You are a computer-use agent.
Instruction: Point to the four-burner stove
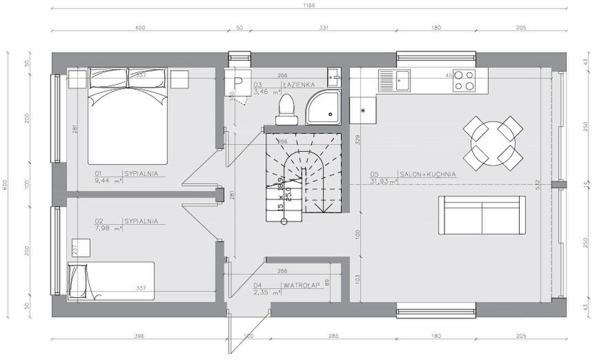tap(464, 81)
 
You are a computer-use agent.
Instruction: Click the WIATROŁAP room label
tap(299, 284)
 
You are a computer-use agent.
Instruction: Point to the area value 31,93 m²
tap(384, 182)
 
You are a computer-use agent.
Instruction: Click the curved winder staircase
tap(304, 173)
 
